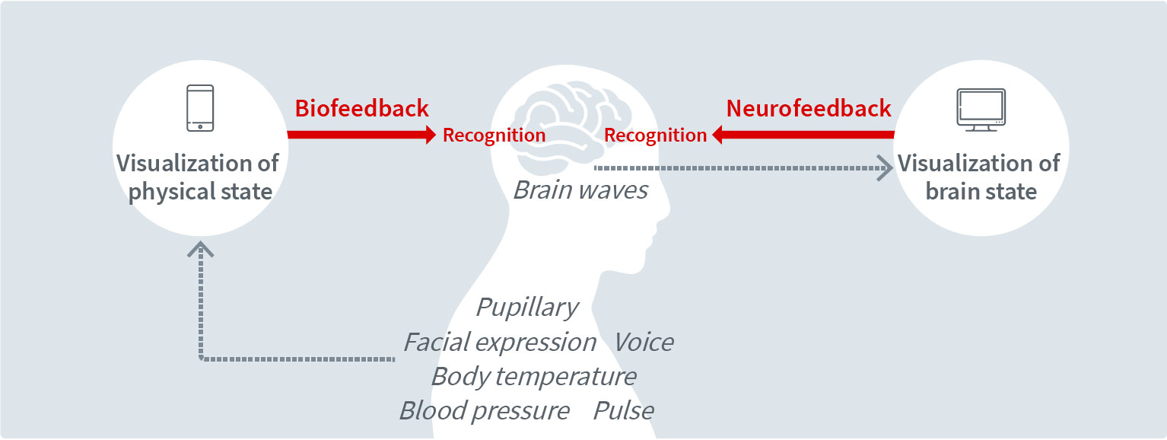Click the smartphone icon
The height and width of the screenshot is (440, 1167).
point(200,108)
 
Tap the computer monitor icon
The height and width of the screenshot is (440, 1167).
point(981,110)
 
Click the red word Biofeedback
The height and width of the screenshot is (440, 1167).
point(362,108)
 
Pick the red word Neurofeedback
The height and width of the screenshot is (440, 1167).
point(809,108)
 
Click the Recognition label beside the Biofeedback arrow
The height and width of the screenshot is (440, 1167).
point(494,136)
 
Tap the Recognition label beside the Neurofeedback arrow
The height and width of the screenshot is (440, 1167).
point(656,136)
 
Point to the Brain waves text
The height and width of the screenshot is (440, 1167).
point(581,190)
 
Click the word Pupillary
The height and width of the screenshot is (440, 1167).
point(527,308)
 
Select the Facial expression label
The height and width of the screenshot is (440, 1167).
point(500,343)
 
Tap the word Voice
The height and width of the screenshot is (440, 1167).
point(644,343)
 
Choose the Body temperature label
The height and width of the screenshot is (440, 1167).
point(534,376)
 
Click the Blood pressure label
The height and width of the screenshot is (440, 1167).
point(485,411)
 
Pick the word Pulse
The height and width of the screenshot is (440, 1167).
point(624,411)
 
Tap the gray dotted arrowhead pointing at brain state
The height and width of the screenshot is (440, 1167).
point(884,167)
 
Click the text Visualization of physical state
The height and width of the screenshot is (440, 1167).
point(199,177)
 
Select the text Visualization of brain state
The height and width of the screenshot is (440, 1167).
point(980,177)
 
